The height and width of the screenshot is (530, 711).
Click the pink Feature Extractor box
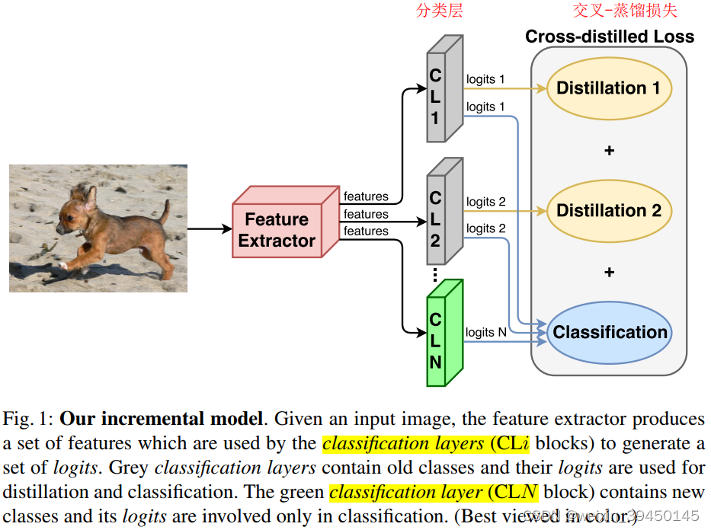click(278, 230)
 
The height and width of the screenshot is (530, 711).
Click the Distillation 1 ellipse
click(608, 88)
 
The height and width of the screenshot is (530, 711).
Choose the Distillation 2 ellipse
click(608, 211)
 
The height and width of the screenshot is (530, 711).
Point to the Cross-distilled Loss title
click(610, 37)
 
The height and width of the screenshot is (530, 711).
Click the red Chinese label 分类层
click(440, 11)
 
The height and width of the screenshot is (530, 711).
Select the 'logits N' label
click(485, 332)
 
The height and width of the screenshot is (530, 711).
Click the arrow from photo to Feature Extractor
click(210, 228)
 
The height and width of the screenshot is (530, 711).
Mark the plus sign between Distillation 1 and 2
click(608, 151)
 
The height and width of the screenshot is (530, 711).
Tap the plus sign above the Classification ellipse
click(608, 273)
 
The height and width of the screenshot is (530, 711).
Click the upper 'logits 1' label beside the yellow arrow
click(485, 79)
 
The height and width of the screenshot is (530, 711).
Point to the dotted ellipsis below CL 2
click(435, 275)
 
